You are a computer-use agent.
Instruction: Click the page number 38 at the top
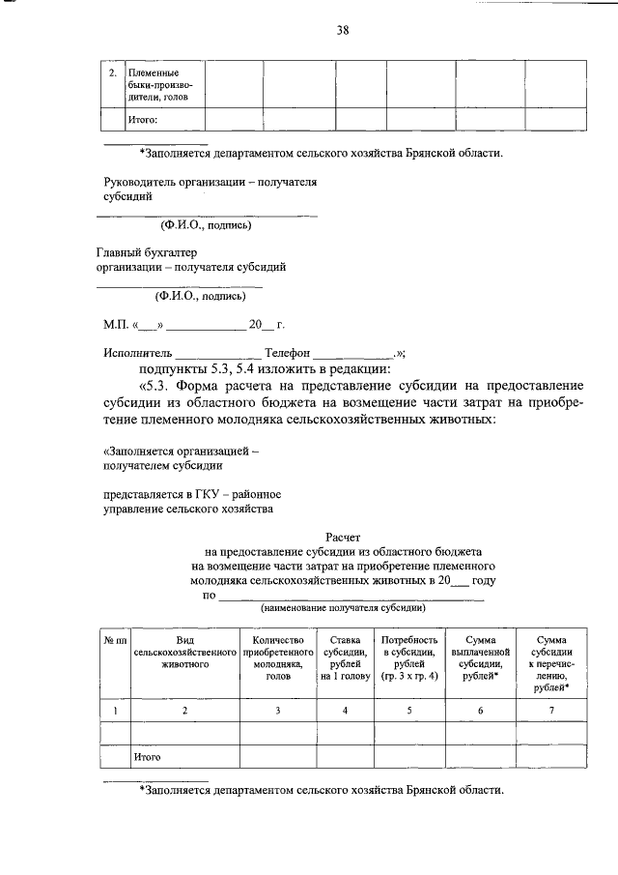[343, 30]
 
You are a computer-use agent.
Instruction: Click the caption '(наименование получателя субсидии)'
[343, 609]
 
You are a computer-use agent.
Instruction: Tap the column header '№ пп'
[116, 640]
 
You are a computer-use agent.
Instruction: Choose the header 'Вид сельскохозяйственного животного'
[185, 653]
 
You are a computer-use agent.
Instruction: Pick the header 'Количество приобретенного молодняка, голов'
[278, 658]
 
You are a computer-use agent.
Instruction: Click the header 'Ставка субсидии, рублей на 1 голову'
[345, 658]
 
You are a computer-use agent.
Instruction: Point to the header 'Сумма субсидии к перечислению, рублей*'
[550, 664]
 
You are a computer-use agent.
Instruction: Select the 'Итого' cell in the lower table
[147, 757]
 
